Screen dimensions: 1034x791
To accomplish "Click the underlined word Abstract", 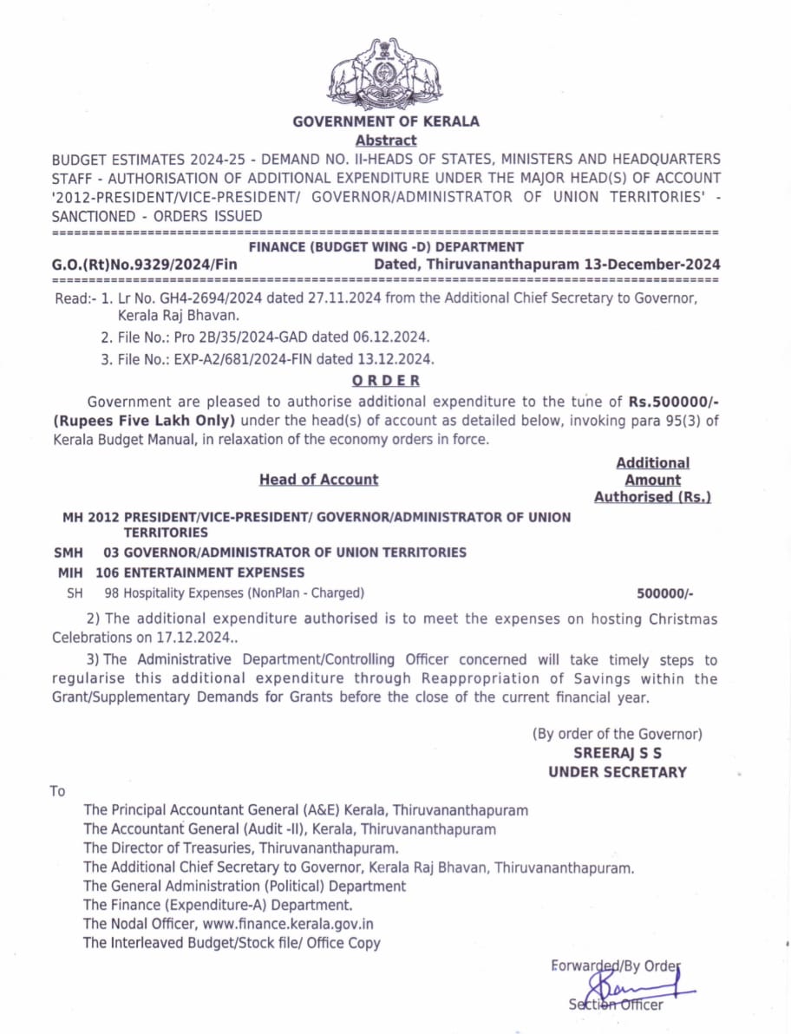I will point(385,140).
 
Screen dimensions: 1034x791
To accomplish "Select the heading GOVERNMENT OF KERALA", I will point(385,121).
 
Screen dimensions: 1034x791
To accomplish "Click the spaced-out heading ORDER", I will point(386,380).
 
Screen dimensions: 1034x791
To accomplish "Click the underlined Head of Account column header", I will point(318,480).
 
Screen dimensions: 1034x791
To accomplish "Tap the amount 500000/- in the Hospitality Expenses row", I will point(664,593).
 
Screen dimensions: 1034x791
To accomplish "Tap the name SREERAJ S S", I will point(617,753).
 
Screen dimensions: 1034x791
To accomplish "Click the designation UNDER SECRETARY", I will point(617,772).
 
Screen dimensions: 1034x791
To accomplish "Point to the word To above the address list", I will point(57,791).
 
